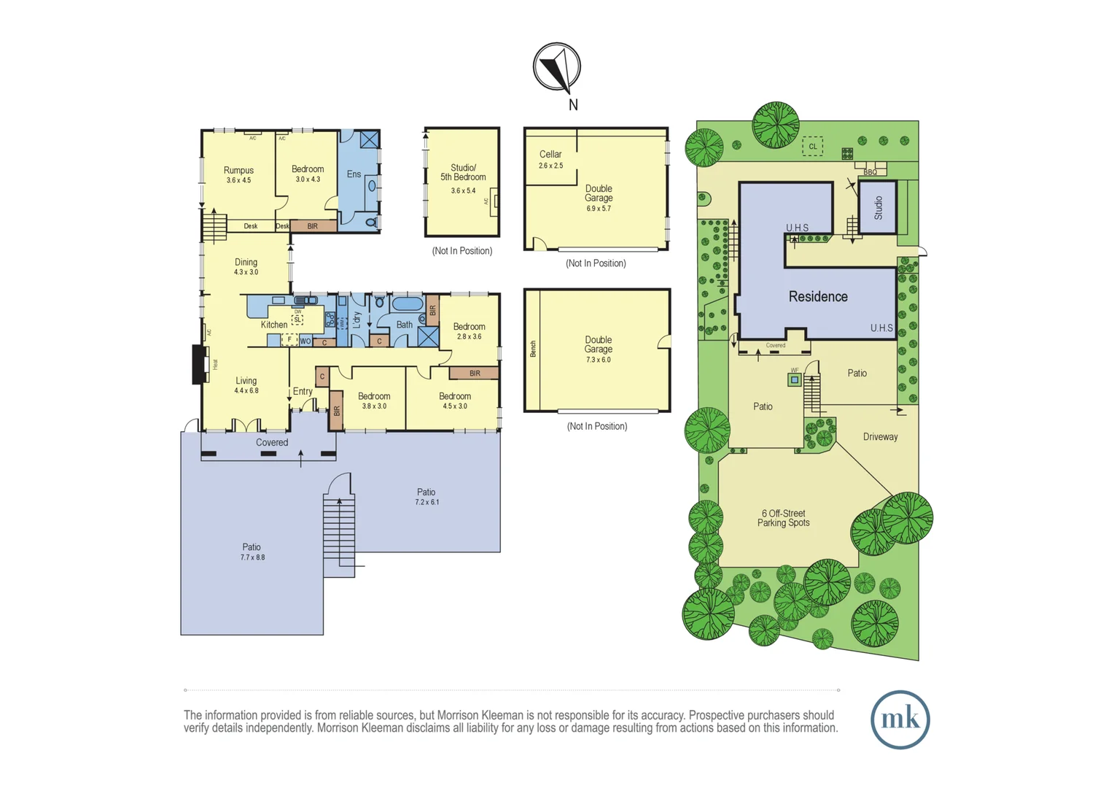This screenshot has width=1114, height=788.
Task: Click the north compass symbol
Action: click(x=557, y=67)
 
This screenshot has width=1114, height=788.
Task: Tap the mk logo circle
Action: click(x=900, y=719)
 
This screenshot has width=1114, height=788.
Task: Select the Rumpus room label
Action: click(x=238, y=174)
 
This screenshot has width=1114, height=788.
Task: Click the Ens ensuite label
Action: click(x=354, y=174)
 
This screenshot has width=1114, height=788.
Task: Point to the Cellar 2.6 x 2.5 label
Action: click(x=550, y=159)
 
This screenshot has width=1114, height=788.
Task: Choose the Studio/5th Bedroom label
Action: click(x=463, y=177)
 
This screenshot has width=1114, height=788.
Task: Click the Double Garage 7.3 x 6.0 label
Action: click(x=598, y=349)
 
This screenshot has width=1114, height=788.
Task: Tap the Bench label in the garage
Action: click(x=533, y=349)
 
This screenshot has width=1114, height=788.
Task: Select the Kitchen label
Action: click(x=274, y=325)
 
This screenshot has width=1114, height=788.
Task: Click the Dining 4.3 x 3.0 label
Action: click(x=246, y=266)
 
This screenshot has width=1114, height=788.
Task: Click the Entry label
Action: click(x=303, y=392)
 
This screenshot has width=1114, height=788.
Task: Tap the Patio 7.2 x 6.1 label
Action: click(x=426, y=496)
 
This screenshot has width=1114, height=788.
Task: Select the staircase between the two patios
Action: click(x=339, y=533)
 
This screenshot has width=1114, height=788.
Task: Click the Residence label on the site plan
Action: click(x=818, y=297)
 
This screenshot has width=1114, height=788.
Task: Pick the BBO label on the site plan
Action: click(x=870, y=172)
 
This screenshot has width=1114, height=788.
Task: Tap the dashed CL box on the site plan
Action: click(x=812, y=147)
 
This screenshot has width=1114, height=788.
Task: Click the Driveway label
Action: click(x=880, y=437)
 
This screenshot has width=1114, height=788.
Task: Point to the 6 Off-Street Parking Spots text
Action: click(x=783, y=518)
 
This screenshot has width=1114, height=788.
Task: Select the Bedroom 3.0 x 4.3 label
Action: click(x=308, y=174)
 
